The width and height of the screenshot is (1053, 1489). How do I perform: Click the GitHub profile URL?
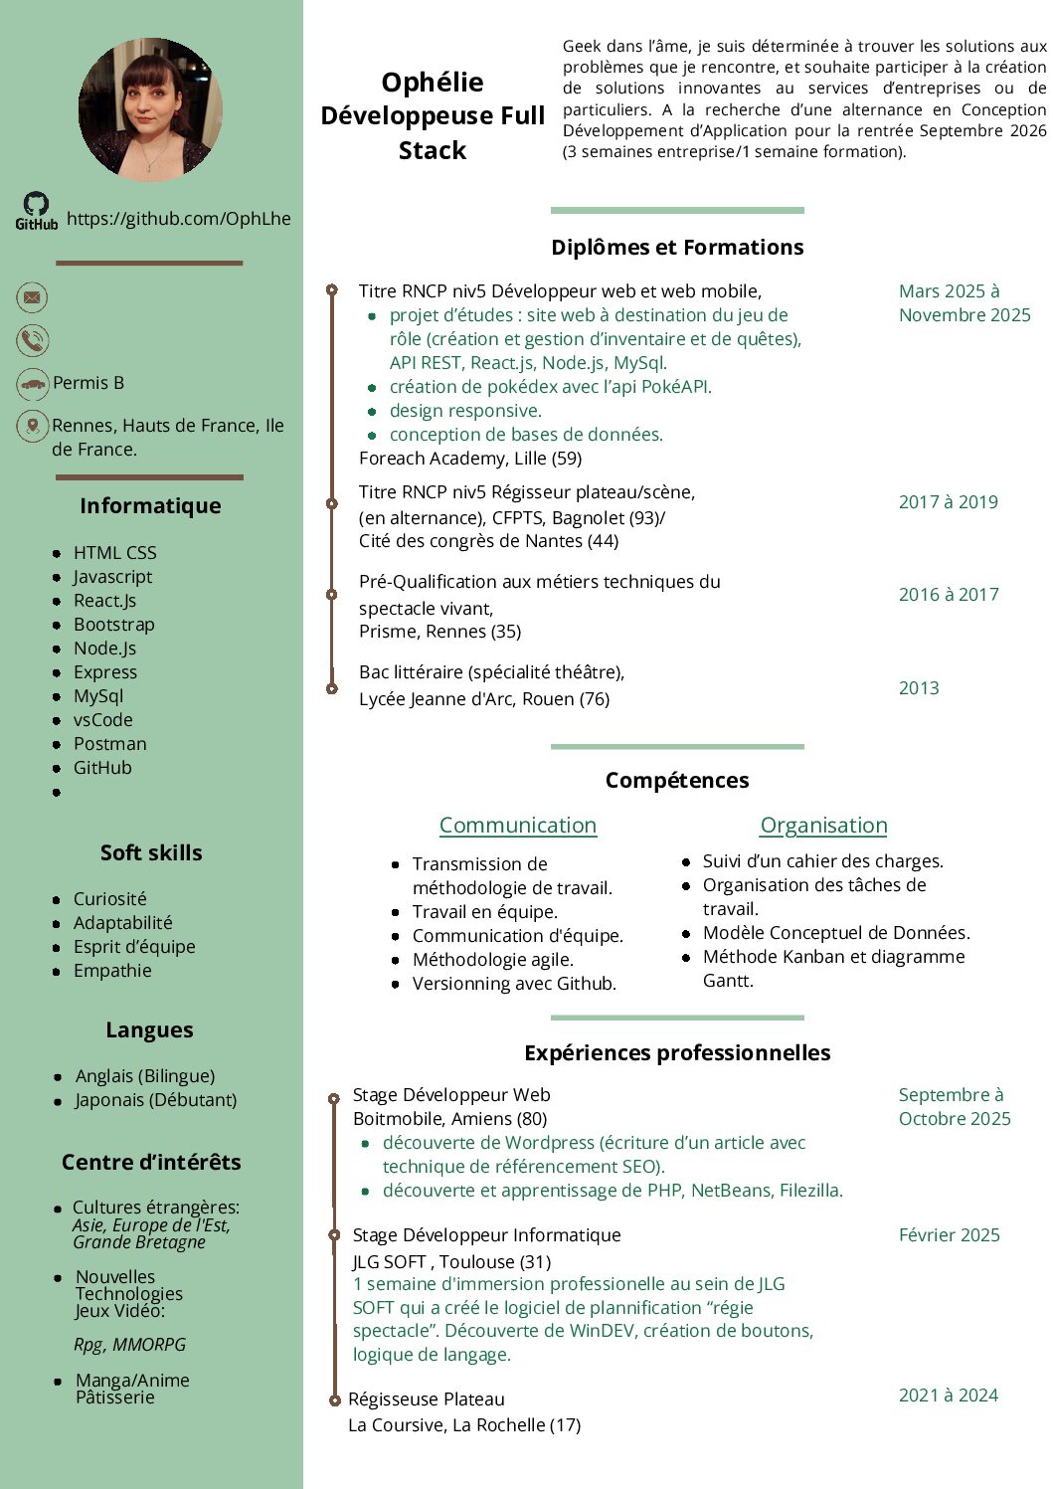pos(179,219)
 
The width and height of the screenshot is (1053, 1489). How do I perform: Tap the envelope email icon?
pos(33,296)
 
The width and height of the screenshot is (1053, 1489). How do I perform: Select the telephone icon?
pos(33,340)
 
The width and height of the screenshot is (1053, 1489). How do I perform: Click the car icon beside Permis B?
pos(33,383)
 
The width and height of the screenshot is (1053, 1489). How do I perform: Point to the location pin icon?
pos(33,426)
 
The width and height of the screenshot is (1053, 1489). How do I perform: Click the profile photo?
pos(150,109)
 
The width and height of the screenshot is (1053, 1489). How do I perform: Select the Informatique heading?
pos(150,505)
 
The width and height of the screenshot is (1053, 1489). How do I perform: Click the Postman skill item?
pos(109,744)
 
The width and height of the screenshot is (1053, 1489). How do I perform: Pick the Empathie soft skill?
pos(112,971)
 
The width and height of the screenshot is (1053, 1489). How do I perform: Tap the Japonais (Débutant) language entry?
pos(156,1100)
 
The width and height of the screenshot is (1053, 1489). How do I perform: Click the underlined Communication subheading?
pos(518,826)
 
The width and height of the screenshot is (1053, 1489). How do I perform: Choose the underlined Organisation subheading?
pos(823,826)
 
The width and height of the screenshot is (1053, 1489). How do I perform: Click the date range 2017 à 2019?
pos(948,502)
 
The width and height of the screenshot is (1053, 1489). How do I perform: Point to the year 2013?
pos(919,688)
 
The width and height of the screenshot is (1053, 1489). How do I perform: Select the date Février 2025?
pos(949,1235)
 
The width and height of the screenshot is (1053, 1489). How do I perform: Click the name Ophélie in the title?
pos(433,83)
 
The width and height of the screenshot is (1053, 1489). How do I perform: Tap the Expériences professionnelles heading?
pos(677,1052)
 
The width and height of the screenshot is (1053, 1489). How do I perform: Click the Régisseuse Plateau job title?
pos(427,1399)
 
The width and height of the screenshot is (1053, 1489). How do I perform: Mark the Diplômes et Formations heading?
pos(677,247)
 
